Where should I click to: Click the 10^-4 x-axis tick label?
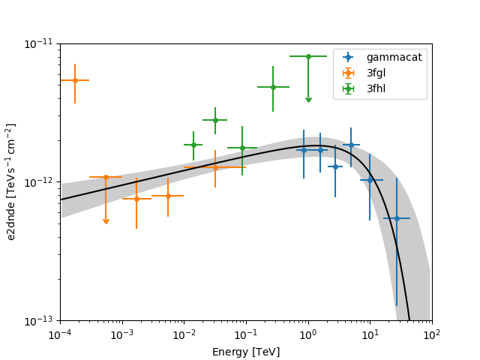click(60, 334)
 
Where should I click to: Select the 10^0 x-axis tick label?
click(307, 334)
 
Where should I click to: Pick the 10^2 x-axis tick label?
click(431, 334)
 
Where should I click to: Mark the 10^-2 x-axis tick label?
click(184, 334)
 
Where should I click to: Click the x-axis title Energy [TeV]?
click(246, 352)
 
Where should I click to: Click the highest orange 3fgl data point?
click(75, 80)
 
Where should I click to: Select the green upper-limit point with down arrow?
click(308, 56)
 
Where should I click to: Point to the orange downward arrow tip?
click(106, 222)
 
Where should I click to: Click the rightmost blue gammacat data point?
click(397, 218)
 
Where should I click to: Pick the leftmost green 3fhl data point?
click(193, 145)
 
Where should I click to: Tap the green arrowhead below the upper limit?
click(308, 100)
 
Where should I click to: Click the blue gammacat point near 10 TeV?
click(370, 180)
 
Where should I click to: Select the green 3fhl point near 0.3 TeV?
click(273, 87)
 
